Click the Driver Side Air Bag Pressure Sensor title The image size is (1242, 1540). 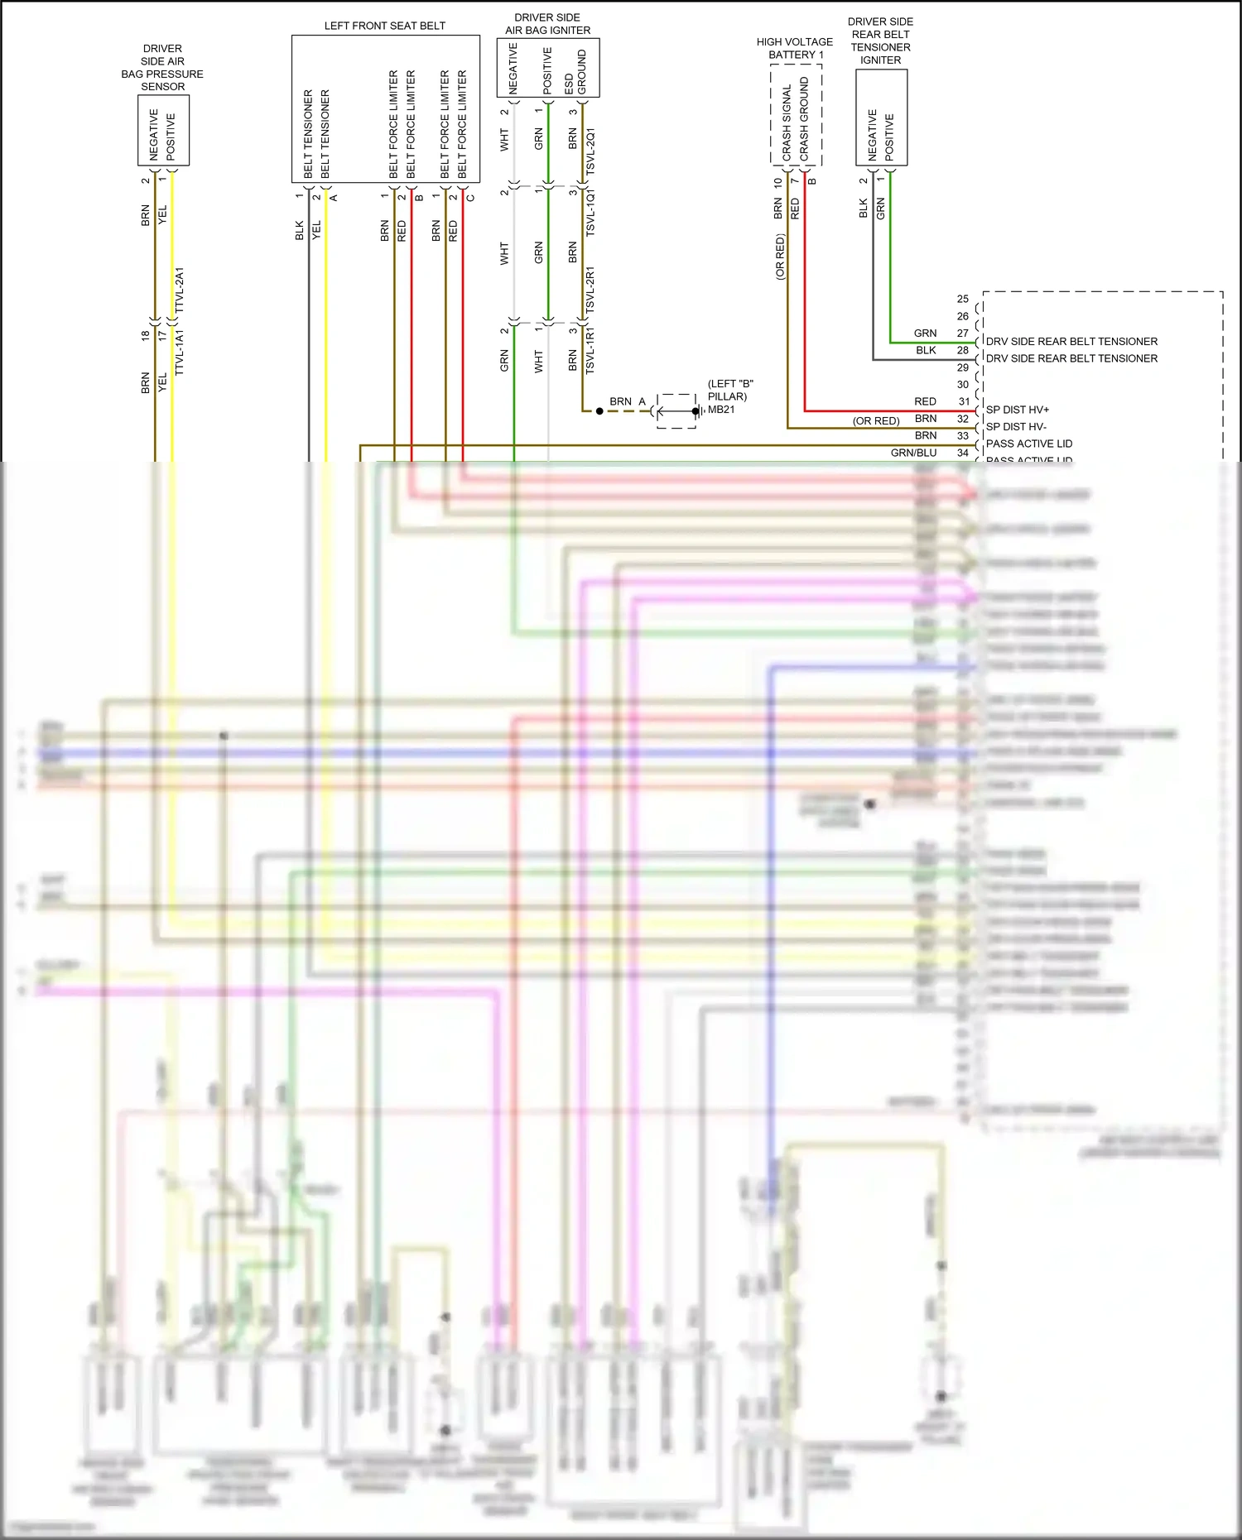[x=162, y=68]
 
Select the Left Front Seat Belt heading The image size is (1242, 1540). [x=384, y=26]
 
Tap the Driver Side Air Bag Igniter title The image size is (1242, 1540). [x=547, y=24]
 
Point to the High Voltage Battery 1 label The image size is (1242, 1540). [x=795, y=48]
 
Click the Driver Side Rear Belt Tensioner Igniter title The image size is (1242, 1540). [x=880, y=41]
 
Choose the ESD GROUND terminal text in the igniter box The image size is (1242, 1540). [x=575, y=72]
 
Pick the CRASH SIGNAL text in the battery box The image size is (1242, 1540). [x=787, y=122]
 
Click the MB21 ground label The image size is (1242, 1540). [x=721, y=410]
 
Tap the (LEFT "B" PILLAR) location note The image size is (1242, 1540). [x=729, y=390]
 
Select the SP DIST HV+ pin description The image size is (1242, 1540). [x=1017, y=410]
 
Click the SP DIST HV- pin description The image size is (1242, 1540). [x=1016, y=427]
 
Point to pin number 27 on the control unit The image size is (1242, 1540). [x=963, y=333]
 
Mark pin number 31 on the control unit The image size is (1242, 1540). [x=964, y=401]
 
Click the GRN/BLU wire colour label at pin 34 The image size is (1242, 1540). [x=913, y=453]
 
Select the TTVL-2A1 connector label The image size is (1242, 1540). [x=180, y=290]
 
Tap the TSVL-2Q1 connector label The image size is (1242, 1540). [x=590, y=151]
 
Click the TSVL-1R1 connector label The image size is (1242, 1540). [x=590, y=350]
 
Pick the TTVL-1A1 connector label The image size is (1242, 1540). [x=180, y=353]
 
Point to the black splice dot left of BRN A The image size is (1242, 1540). [x=599, y=411]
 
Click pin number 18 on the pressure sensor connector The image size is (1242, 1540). [x=146, y=335]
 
